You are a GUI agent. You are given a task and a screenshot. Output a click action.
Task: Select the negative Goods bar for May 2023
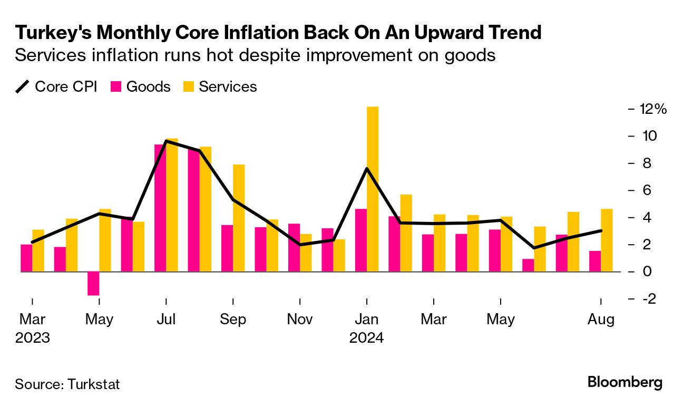click(x=93, y=284)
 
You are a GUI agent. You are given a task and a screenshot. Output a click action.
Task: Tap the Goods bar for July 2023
click(x=160, y=208)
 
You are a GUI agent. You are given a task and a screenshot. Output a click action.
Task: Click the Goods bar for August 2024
click(x=595, y=262)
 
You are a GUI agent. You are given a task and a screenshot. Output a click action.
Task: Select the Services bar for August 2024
click(x=607, y=240)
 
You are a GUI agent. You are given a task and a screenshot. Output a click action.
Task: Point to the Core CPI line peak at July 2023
click(x=167, y=141)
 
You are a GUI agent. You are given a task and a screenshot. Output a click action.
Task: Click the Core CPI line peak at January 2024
click(x=367, y=168)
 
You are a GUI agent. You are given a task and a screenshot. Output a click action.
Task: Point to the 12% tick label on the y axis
click(x=653, y=109)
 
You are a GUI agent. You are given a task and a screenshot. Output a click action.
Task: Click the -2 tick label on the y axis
click(x=648, y=299)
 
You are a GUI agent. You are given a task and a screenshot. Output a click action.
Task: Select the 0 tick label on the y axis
click(x=645, y=272)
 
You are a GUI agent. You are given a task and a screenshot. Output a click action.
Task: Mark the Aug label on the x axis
click(x=601, y=320)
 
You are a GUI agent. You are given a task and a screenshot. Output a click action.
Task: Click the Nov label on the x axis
click(x=300, y=320)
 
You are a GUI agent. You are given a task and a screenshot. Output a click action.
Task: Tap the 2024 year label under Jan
click(x=366, y=337)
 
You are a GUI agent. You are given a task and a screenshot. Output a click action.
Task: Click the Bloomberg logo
click(x=625, y=382)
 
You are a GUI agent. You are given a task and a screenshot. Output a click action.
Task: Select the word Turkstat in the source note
click(x=94, y=384)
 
